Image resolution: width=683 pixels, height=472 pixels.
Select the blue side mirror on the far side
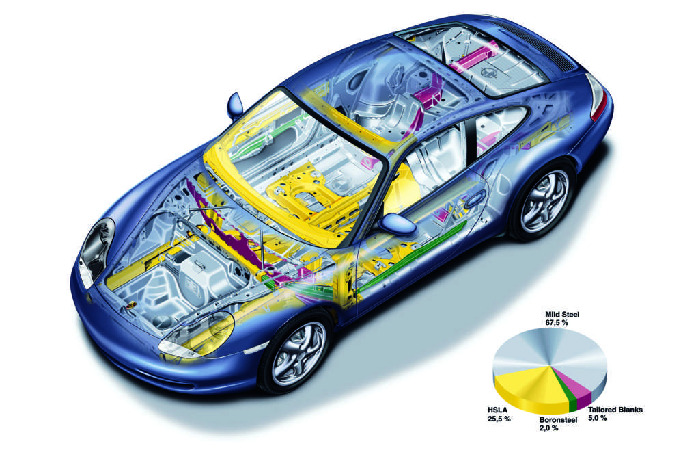tap(235, 104)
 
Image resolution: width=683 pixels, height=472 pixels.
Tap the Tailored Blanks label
tap(614, 410)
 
